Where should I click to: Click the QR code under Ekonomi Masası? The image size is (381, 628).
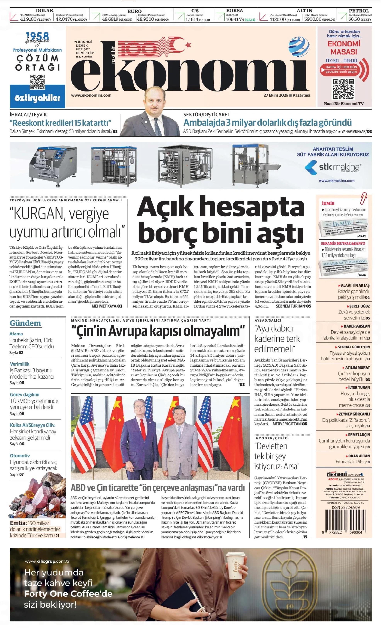344,89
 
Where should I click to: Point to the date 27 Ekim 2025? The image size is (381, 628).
276,95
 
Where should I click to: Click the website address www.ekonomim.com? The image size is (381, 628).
91,95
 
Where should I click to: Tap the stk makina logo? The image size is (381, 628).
333,167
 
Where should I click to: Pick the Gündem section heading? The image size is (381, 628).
25,323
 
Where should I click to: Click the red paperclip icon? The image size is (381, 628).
364,198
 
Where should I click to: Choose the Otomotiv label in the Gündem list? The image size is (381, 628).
20,456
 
